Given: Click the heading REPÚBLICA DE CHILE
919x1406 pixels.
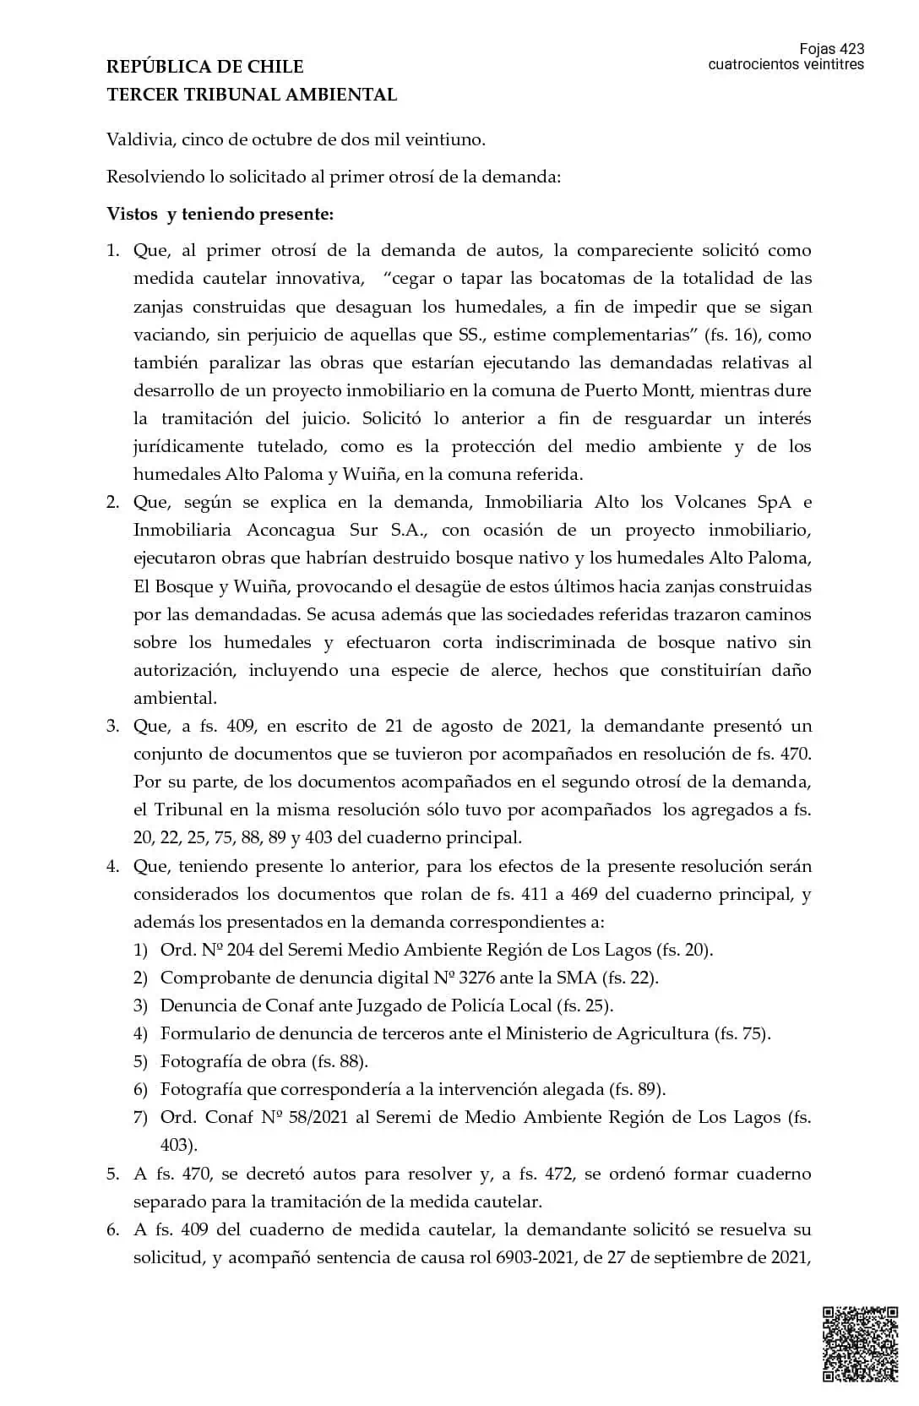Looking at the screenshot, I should coord(204,67).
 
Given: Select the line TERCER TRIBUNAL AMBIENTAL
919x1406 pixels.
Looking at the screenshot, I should coord(251,95).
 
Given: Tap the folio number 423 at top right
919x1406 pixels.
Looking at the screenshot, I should coord(851,49).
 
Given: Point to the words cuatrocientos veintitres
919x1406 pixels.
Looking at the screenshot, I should coord(786,64).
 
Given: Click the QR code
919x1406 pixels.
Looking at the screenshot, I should coord(860,1343).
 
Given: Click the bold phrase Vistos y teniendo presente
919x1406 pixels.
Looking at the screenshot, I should coord(220,214).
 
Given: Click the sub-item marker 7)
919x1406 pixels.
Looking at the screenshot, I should coord(140,1117).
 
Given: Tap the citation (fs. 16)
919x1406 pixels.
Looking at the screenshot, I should coord(732,335).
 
